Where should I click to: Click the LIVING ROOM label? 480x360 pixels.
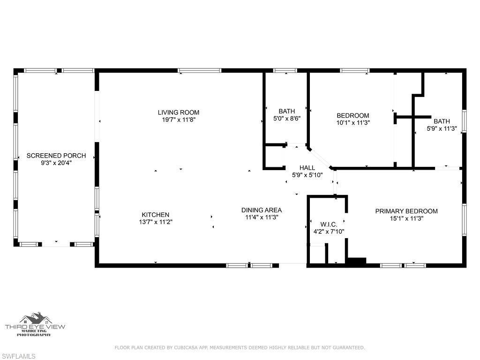(x=178, y=112)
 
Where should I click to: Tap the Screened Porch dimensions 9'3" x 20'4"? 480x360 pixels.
(x=56, y=163)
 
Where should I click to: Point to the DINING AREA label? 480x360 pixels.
(x=261, y=210)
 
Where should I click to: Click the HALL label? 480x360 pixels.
(x=307, y=168)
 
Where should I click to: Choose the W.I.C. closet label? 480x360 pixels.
(x=329, y=224)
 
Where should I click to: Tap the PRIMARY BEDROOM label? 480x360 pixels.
(x=406, y=211)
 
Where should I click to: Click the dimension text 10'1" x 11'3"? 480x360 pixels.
(x=353, y=123)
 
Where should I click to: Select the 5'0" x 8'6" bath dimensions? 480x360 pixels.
(x=286, y=119)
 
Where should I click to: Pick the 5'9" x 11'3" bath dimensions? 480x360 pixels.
(x=441, y=128)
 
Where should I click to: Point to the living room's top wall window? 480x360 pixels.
(x=200, y=71)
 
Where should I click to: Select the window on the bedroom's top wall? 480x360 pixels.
(x=355, y=71)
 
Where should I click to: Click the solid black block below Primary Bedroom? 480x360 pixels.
(x=356, y=262)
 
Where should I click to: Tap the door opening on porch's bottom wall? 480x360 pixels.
(x=56, y=244)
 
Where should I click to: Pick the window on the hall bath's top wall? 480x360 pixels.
(x=285, y=71)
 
